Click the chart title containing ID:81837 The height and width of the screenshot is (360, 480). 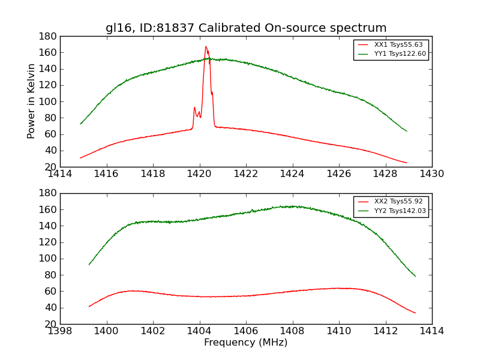pyautogui.click(x=246, y=28)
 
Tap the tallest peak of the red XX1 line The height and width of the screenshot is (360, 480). pyautogui.click(x=206, y=47)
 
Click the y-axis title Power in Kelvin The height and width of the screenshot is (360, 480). pyautogui.click(x=32, y=101)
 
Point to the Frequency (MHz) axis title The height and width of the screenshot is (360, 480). pyautogui.click(x=246, y=343)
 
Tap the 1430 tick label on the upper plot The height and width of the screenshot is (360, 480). pyautogui.click(x=431, y=174)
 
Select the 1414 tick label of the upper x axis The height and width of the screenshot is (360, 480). pyautogui.click(x=61, y=174)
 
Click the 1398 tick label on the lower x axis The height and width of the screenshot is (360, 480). pyautogui.click(x=61, y=331)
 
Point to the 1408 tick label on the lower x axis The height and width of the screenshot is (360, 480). pyautogui.click(x=293, y=331)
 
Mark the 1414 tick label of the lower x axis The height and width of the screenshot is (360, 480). pyautogui.click(x=431, y=331)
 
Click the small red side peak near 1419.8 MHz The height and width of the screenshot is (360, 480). pyautogui.click(x=194, y=108)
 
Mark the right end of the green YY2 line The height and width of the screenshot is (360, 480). pyautogui.click(x=415, y=276)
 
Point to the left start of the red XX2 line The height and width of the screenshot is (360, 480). pyautogui.click(x=89, y=307)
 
